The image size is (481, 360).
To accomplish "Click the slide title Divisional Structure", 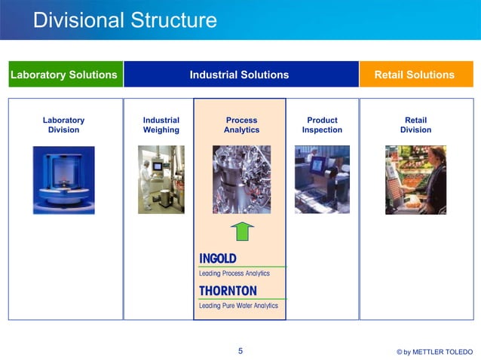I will [124, 20].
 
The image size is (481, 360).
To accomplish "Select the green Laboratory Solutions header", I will [64, 75].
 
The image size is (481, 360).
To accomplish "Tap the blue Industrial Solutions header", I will [239, 75].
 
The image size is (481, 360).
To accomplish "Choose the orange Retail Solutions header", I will [415, 75].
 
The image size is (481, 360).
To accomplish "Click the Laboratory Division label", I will [63, 125].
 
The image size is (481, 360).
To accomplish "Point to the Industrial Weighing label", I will [161, 125].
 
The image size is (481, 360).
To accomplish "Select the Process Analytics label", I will [241, 125].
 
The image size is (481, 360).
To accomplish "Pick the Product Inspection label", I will [322, 125].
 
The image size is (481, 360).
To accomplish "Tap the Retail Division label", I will [415, 125].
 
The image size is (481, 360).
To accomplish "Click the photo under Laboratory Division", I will [63, 180].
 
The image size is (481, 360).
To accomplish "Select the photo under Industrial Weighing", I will [161, 179].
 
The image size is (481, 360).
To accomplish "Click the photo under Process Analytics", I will [241, 179].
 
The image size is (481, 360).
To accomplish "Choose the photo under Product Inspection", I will [322, 179].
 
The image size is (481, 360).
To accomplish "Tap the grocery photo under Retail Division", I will [415, 179].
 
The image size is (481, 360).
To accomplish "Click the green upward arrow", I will [241, 231].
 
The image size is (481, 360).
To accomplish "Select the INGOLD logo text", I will [218, 258].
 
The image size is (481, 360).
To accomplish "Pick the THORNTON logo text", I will [228, 291].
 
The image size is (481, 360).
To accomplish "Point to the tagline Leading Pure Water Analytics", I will [238, 306].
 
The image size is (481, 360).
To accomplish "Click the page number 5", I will [240, 350].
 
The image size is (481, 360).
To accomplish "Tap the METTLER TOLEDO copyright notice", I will [434, 352].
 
